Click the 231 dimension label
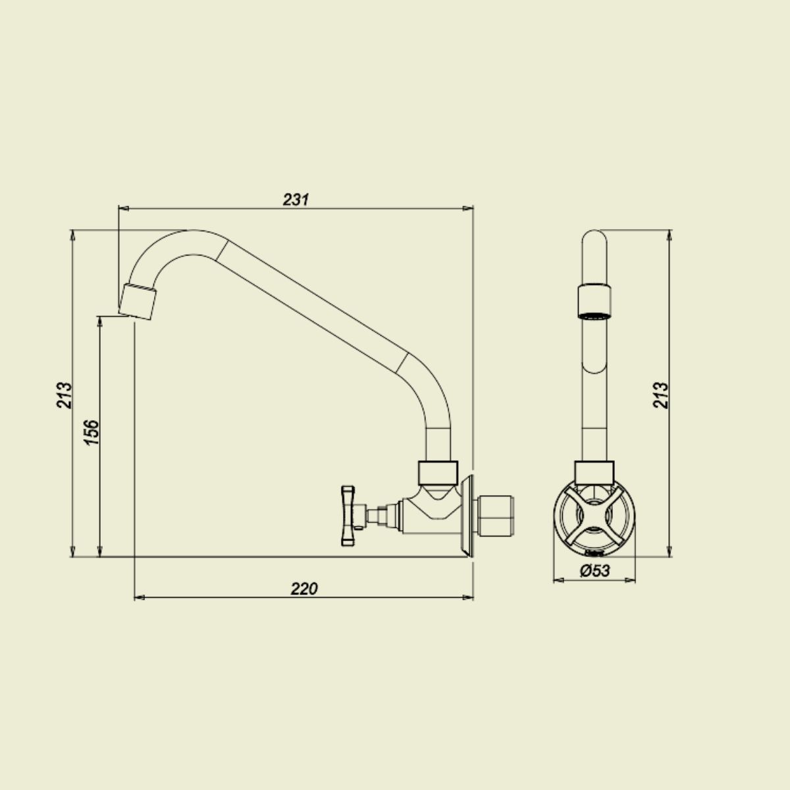click(296, 199)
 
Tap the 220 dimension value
click(304, 589)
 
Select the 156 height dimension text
click(92, 432)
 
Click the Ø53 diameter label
click(595, 571)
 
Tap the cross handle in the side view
click(348, 515)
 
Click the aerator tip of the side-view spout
click(138, 302)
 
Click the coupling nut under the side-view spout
click(438, 472)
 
